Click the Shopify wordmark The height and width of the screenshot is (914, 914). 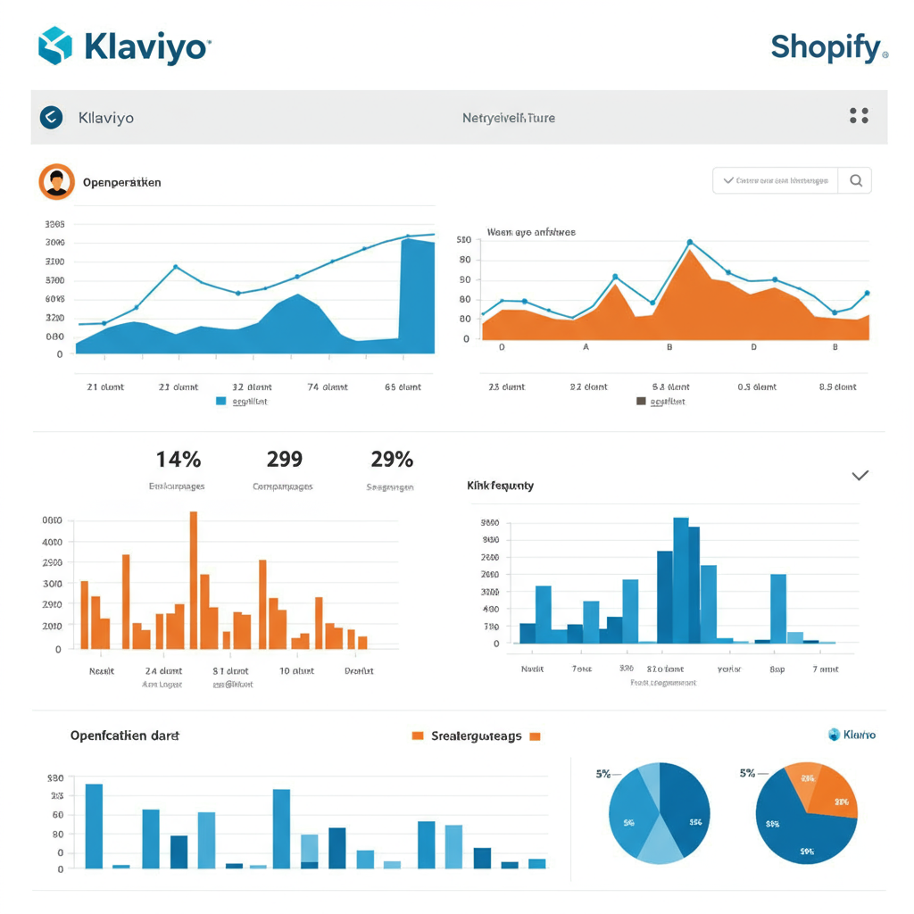click(x=825, y=47)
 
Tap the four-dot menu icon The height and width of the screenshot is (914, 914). click(x=859, y=116)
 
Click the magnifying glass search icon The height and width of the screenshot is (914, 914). click(x=856, y=181)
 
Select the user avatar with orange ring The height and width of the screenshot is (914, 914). click(x=56, y=181)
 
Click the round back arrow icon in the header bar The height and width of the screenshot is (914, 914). click(x=52, y=117)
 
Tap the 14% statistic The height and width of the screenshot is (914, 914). click(x=179, y=460)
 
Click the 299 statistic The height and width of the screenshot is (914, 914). click(x=284, y=460)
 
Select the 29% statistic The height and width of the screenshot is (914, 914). click(x=392, y=460)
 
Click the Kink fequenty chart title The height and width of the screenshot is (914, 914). click(x=500, y=486)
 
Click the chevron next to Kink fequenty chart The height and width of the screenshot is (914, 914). click(x=860, y=476)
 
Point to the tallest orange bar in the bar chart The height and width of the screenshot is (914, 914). click(x=194, y=580)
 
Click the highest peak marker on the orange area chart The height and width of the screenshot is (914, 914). click(x=690, y=242)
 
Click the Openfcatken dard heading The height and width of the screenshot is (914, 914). click(x=125, y=736)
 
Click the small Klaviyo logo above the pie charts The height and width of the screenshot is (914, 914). click(x=852, y=735)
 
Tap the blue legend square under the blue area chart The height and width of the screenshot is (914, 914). click(x=221, y=402)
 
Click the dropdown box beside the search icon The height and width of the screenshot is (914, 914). click(x=776, y=181)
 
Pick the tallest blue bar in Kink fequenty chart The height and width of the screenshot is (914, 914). click(x=681, y=580)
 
